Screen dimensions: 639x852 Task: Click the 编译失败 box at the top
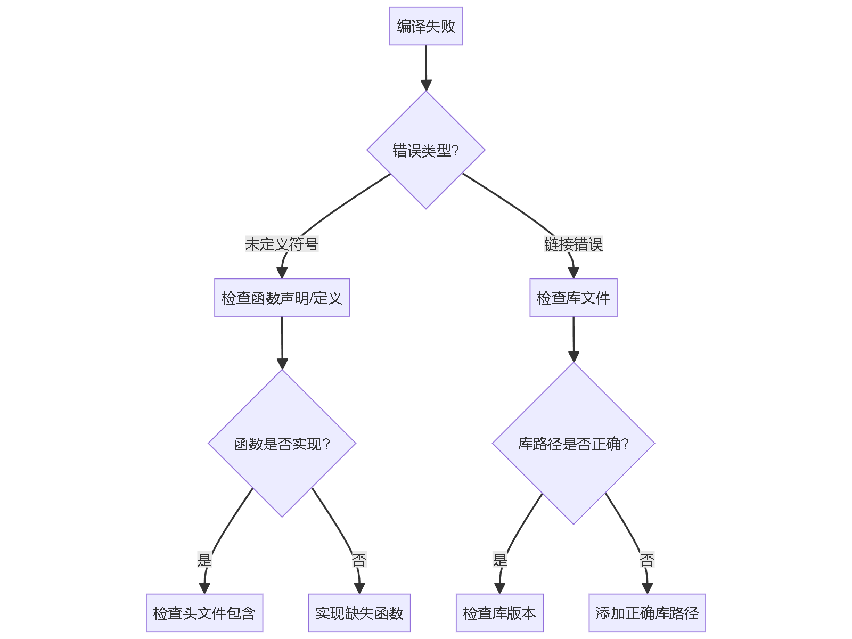(x=425, y=26)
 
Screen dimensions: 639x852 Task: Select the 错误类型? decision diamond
(x=425, y=150)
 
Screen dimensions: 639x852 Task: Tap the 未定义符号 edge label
(x=281, y=244)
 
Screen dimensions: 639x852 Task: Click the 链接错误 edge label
(x=573, y=244)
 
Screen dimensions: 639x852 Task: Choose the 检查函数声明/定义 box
(x=282, y=298)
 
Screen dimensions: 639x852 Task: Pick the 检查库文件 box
(x=573, y=298)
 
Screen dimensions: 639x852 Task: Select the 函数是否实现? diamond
(x=282, y=444)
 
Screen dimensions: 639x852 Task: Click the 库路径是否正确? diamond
(x=573, y=444)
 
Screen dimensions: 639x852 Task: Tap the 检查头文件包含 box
(x=204, y=613)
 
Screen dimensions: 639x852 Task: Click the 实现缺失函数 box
(x=359, y=613)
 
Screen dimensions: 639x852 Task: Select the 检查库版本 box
(x=499, y=613)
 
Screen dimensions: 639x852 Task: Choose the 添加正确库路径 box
(x=647, y=613)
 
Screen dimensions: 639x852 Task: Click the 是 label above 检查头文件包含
(x=204, y=560)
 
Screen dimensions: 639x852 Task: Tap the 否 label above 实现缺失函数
(x=359, y=560)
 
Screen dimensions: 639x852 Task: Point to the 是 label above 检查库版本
(x=499, y=560)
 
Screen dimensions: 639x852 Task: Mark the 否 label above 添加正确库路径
(x=647, y=560)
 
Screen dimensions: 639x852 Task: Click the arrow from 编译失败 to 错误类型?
(x=426, y=67)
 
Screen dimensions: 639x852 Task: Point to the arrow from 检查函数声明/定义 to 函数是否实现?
(x=282, y=341)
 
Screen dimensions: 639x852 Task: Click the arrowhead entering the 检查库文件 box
(x=573, y=273)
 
